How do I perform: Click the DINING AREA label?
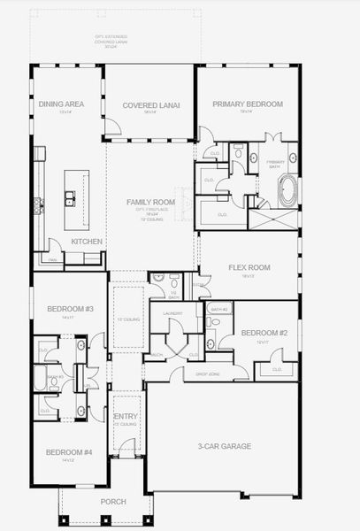coord(61,104)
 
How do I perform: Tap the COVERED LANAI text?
coord(150,104)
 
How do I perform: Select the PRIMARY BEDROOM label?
coord(248,104)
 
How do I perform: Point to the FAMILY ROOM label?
coord(150,202)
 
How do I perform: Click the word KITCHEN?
coord(87,242)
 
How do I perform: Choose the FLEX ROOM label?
coord(249,267)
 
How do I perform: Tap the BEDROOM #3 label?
coord(65,309)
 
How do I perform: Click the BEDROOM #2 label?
coord(257,334)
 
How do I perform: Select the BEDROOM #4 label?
coord(65,452)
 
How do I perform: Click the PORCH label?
coord(112,502)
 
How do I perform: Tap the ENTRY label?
coord(126,416)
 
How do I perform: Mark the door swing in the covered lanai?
coord(112,129)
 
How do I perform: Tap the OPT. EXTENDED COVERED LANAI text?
coord(112,40)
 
